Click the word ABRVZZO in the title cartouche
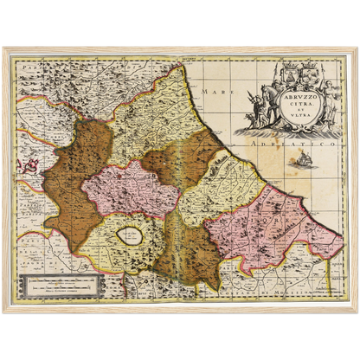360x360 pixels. click(x=298, y=99)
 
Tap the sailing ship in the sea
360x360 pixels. click(x=303, y=159)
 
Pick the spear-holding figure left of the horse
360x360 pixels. click(x=252, y=111)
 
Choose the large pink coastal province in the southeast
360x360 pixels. click(x=268, y=228)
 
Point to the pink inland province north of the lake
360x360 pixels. click(x=130, y=186)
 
